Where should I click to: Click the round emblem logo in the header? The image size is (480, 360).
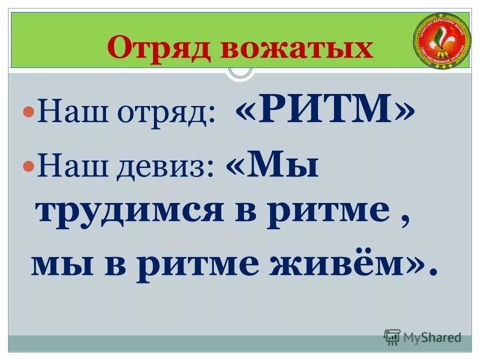[442, 41]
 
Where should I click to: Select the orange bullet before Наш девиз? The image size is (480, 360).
[29, 165]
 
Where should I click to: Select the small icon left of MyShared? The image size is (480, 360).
[392, 337]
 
